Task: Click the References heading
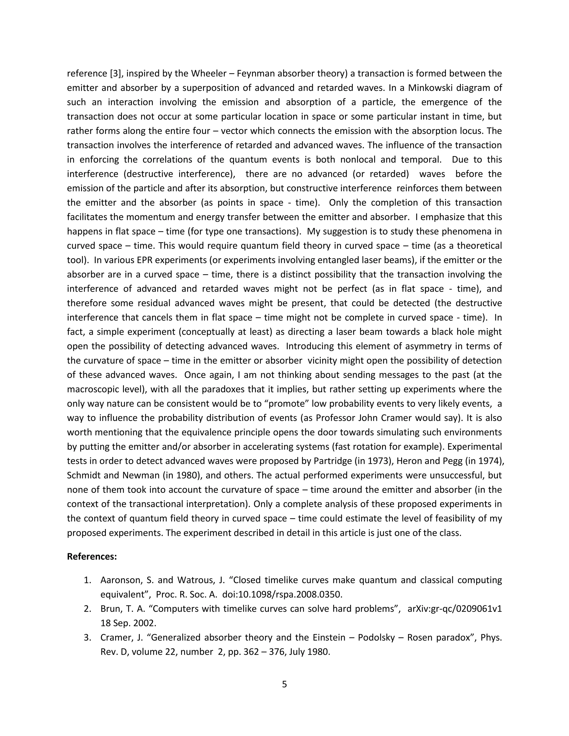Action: [92, 556]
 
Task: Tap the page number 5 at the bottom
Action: [284, 684]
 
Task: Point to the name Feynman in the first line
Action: [241, 74]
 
